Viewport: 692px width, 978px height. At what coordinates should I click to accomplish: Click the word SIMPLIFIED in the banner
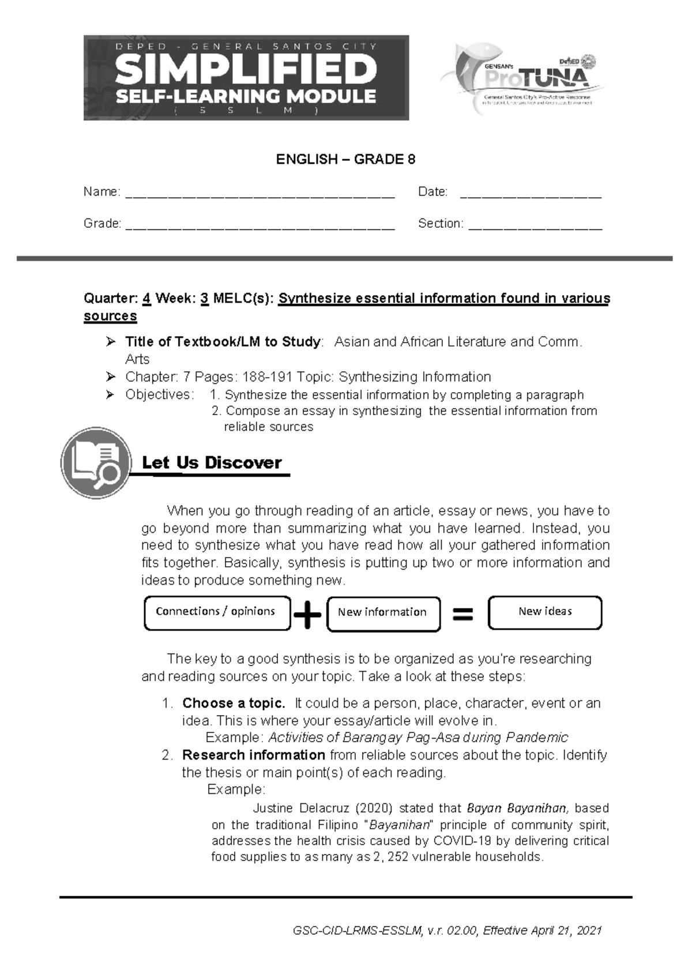click(246, 70)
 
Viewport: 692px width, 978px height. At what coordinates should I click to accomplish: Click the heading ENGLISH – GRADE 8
click(345, 160)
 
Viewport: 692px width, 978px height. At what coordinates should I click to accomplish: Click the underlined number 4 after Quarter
click(146, 299)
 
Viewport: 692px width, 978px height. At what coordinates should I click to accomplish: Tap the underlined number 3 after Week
click(204, 299)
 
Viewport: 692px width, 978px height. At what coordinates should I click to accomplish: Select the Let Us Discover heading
click(212, 463)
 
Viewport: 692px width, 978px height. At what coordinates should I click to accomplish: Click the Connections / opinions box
click(216, 612)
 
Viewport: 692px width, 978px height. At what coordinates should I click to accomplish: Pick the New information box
click(382, 613)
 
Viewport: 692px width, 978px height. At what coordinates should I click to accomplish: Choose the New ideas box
click(544, 612)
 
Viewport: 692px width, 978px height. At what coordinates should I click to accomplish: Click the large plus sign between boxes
click(307, 615)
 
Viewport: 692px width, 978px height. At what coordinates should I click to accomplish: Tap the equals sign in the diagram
click(462, 615)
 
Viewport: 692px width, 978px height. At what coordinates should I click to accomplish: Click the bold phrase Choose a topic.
click(234, 704)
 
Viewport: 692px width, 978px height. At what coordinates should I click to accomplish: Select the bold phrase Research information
click(254, 755)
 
